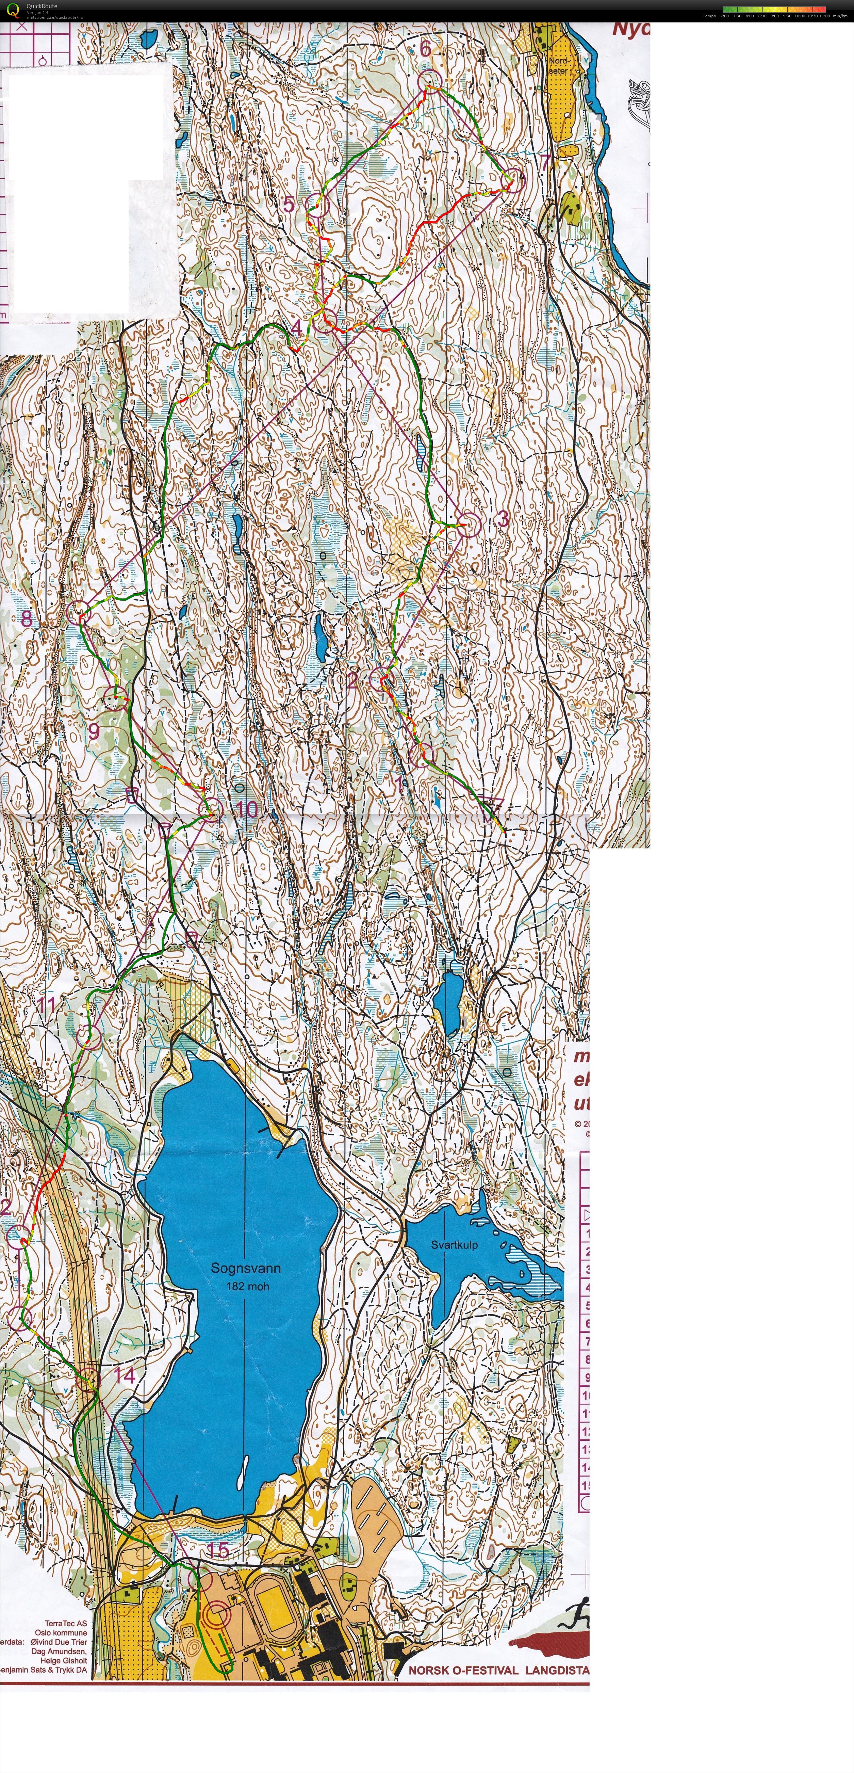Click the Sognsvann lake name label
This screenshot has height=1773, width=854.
click(x=246, y=1268)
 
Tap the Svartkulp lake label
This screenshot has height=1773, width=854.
click(x=454, y=1244)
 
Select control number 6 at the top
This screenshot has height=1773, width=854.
click(x=425, y=48)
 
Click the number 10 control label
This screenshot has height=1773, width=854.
click(x=246, y=809)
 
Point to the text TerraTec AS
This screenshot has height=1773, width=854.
click(x=66, y=1624)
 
